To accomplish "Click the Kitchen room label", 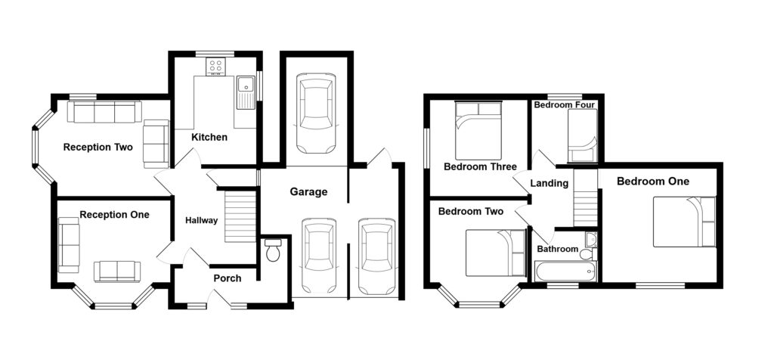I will pos(209,138).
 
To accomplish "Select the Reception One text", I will pos(114,215).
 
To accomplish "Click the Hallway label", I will pos(202,221).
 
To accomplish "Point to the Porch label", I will pos(227,278).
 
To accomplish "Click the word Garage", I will pos(308,192).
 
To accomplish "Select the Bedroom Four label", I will pos(564,105).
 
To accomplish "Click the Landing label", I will pos(549,183).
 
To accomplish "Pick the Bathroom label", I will pos(557,250).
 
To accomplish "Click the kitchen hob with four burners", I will pos(215,67).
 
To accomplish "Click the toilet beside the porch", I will pos(273,250).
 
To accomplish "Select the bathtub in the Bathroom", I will pos(565,271).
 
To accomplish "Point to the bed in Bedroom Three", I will pos(478,127).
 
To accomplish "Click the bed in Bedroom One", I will pos(684,222).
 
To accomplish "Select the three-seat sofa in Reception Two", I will pos(104,112).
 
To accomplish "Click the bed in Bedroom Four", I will pos(582,136).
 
